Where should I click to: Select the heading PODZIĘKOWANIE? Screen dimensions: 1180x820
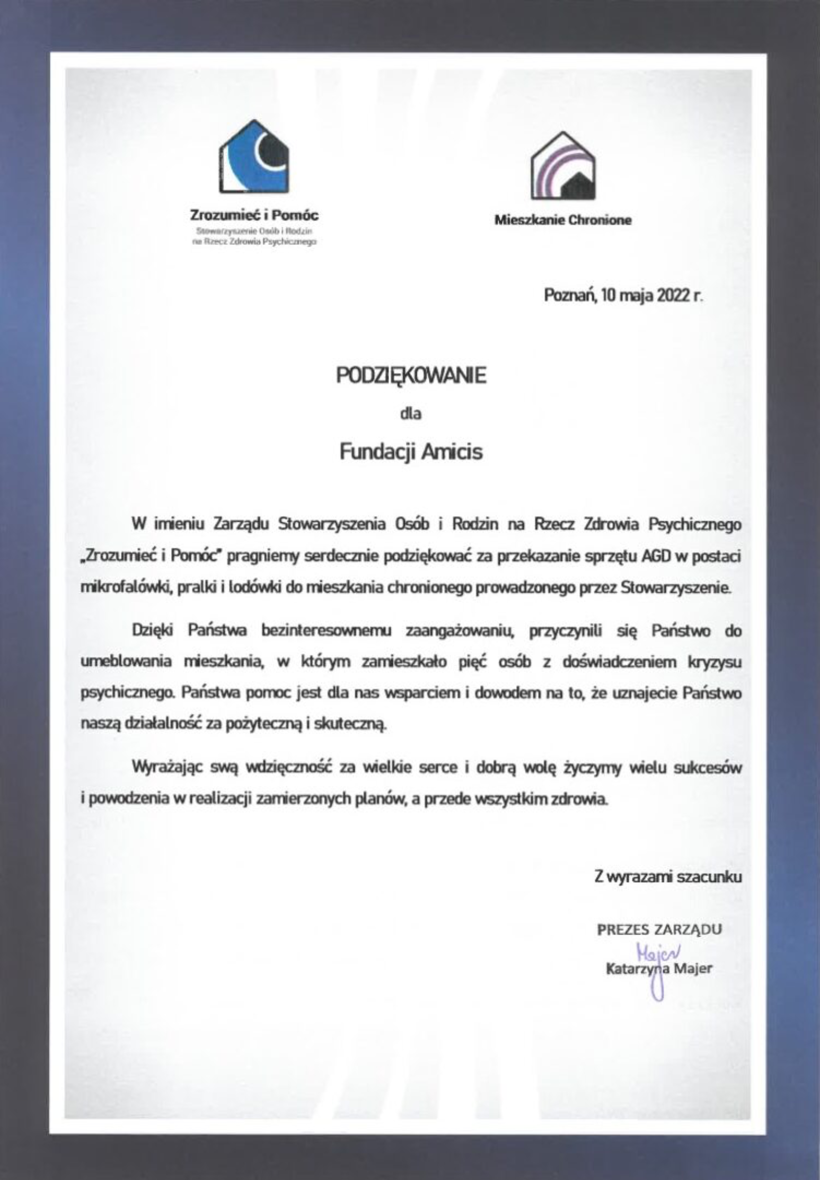pyautogui.click(x=410, y=376)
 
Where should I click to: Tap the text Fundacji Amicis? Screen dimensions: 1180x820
pyautogui.click(x=410, y=452)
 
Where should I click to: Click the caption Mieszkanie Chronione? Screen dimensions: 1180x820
pyautogui.click(x=563, y=220)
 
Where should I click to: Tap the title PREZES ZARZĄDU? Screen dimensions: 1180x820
pyautogui.click(x=659, y=929)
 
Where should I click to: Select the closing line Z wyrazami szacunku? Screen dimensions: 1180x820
pyautogui.click(x=668, y=877)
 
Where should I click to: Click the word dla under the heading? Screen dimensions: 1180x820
pyautogui.click(x=410, y=413)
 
